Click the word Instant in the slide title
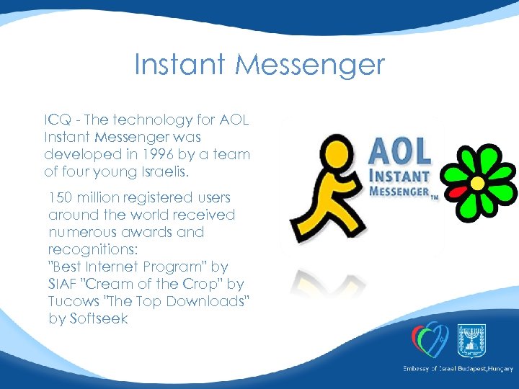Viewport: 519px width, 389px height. click(181, 66)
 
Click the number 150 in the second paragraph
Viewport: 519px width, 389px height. click(61, 197)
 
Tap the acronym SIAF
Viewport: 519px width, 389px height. click(65, 284)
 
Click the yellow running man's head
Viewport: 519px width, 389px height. click(334, 153)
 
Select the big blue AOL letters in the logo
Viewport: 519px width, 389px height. click(399, 151)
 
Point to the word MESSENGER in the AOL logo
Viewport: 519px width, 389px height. click(400, 192)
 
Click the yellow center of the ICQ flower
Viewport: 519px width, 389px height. click(477, 183)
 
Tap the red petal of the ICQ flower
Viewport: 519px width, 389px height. click(456, 191)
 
